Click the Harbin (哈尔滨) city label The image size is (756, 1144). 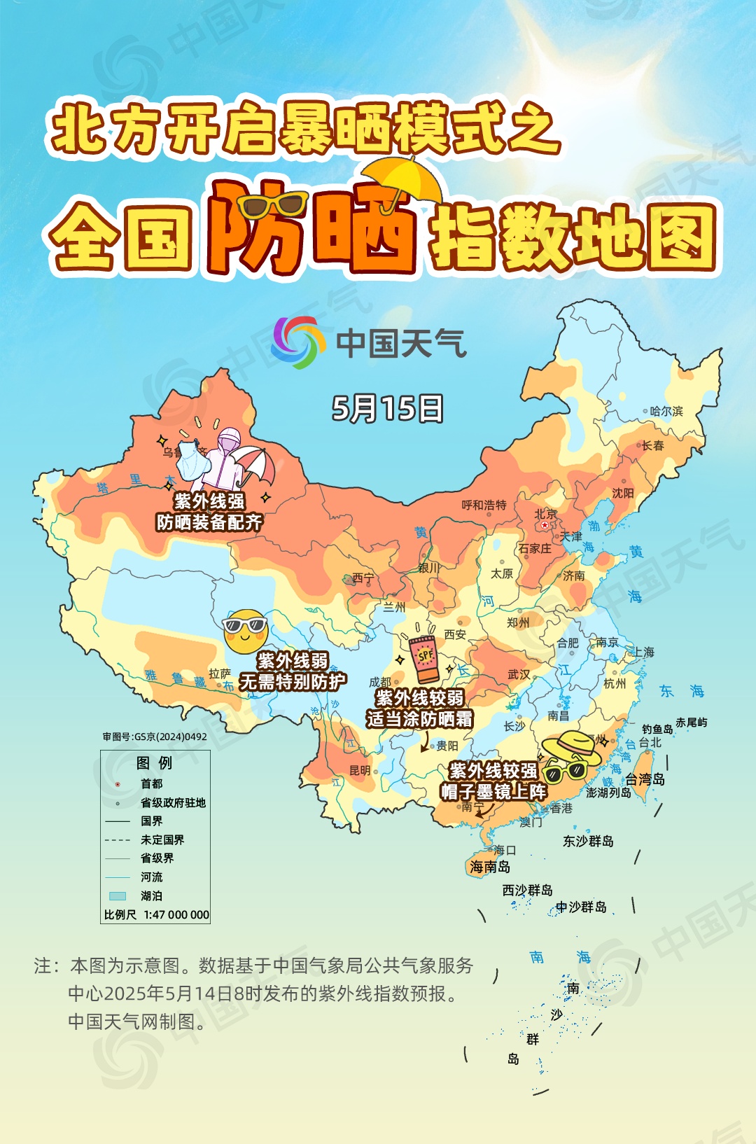[666, 411]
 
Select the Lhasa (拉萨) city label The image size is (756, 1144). [219, 674]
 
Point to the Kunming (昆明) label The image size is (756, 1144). [360, 770]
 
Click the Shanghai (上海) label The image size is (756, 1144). [643, 652]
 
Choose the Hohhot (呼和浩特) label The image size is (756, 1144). [484, 505]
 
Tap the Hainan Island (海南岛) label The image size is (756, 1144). [490, 867]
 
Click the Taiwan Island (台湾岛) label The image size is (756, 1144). [645, 779]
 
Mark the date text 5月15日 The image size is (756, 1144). [387, 408]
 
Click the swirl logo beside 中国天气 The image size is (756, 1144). [298, 342]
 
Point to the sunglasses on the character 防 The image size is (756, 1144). [272, 205]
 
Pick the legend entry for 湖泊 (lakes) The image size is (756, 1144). [151, 895]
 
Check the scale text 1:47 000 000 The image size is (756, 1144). [176, 914]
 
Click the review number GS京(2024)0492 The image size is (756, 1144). [155, 737]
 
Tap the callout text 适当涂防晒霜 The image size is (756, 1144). [419, 719]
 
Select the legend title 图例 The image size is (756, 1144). [154, 762]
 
